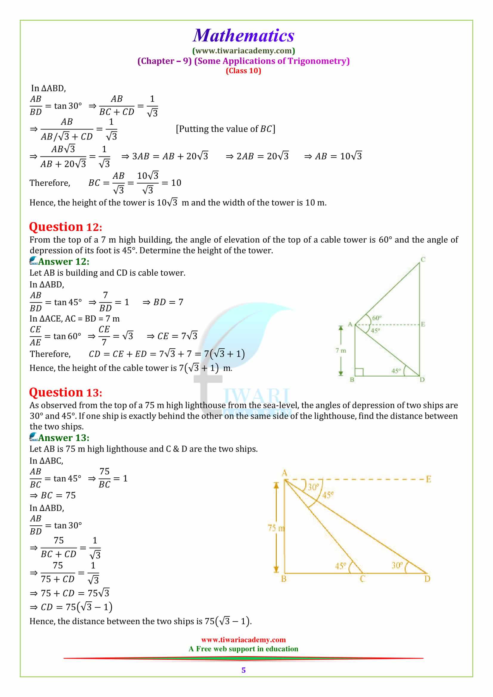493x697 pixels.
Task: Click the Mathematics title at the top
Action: coord(244,35)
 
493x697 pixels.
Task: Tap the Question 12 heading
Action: coord(66,227)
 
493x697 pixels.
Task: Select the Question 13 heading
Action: coord(66,392)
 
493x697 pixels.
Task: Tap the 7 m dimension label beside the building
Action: coord(341,350)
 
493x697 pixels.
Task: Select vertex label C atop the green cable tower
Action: coord(423,260)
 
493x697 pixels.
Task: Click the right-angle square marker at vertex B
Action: coord(359,372)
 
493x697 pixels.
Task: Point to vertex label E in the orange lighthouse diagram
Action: coord(429,479)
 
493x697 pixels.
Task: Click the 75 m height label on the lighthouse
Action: coord(276,528)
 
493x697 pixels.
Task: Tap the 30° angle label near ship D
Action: coord(397,565)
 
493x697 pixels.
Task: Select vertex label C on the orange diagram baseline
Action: coord(362,579)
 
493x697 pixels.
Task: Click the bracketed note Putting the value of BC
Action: coord(225,129)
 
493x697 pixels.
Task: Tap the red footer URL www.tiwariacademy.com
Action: coord(243,639)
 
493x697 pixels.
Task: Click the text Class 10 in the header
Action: coord(243,71)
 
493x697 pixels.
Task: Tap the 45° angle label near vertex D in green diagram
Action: coord(396,371)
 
